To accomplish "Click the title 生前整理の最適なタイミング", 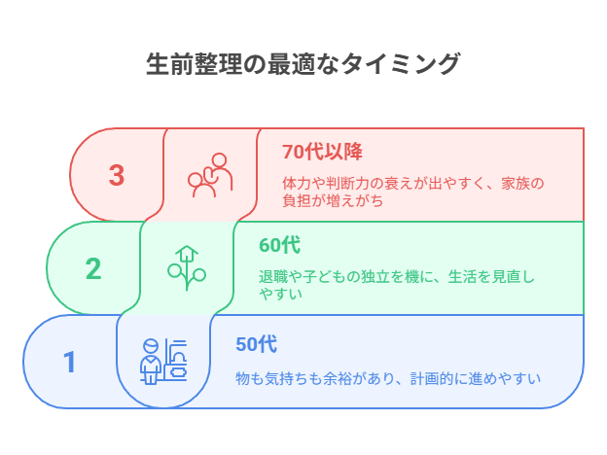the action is tap(303, 64).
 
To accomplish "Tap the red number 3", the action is tap(117, 175).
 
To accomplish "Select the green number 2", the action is tap(93, 268).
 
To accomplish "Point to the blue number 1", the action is tap(70, 362).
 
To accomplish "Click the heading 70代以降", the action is tap(322, 152).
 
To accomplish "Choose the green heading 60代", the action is tap(279, 245).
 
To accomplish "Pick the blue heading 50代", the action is tap(256, 344).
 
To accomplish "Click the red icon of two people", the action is tap(210, 175).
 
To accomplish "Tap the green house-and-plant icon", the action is tap(187, 268).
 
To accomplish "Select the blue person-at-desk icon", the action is tap(163, 362).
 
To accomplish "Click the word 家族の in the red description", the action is tap(522, 184).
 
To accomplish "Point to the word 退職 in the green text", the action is tap(273, 277).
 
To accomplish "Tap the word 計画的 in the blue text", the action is tap(432, 378).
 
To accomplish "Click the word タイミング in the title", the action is tap(400, 64).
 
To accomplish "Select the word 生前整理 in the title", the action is tap(194, 64).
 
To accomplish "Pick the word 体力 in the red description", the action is tap(297, 184).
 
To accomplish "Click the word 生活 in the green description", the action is tap(462, 277).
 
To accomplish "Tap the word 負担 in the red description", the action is tap(297, 201).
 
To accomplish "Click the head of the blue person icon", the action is tap(151, 346).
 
